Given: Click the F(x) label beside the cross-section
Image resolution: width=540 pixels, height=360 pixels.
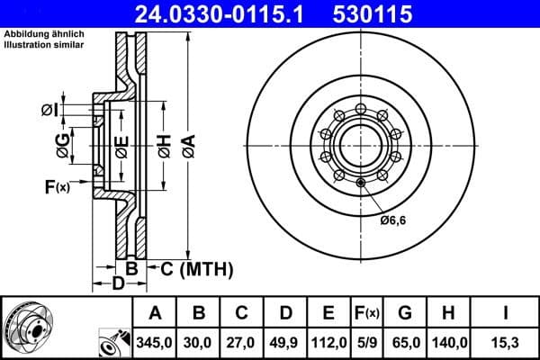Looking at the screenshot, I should coord(56,187).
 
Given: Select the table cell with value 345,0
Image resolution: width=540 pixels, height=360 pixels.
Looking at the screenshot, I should coord(155,342).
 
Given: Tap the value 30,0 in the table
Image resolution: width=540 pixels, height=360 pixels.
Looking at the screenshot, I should coord(198,342).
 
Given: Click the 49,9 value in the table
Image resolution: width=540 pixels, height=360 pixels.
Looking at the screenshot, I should coord(285,342).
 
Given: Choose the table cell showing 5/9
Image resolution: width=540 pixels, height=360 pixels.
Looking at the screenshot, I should coord(366,342).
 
